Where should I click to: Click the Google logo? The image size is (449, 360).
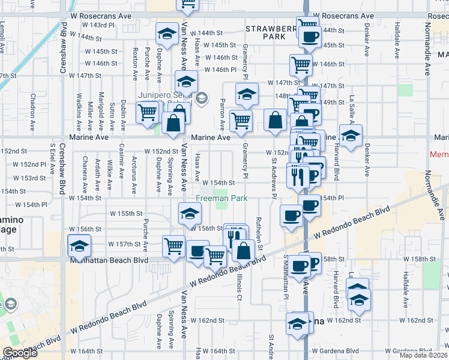click(20, 353)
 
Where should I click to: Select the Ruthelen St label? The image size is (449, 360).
click(261, 234)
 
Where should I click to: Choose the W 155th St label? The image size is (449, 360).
click(125, 213)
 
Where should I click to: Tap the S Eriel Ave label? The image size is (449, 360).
click(53, 155)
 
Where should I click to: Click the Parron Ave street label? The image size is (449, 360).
click(222, 114)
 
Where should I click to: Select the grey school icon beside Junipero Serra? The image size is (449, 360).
click(202, 97)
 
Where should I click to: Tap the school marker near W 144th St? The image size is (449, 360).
click(166, 34)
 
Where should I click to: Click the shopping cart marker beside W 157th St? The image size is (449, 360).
click(173, 245)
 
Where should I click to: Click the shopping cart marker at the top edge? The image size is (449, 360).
click(188, 5)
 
